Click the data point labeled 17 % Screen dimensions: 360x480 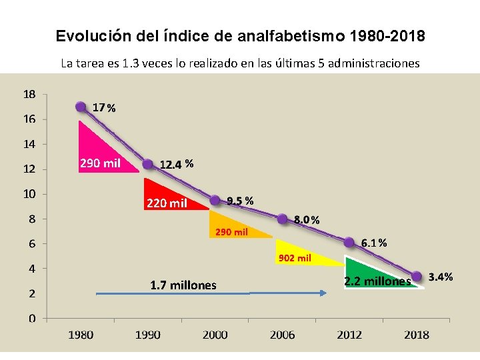coord(81,107)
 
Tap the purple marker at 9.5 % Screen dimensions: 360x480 coord(215,200)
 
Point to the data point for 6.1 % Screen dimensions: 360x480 coord(349,242)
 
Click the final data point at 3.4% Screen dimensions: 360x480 coord(417,276)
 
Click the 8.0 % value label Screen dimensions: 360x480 coord(307,219)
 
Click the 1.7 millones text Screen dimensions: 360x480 coord(183,285)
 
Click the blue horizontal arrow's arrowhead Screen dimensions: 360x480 coord(324,293)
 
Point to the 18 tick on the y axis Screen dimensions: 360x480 coord(30,94)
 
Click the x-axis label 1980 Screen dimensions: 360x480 coord(81,335)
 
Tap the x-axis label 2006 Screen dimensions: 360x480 coord(282,335)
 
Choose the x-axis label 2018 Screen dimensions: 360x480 coord(417,335)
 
